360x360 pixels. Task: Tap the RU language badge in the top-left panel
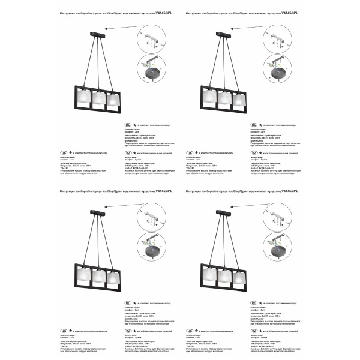tap(127, 125)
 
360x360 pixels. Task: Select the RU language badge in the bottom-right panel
tap(262, 303)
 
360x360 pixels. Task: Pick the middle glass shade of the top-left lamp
tap(98, 98)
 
